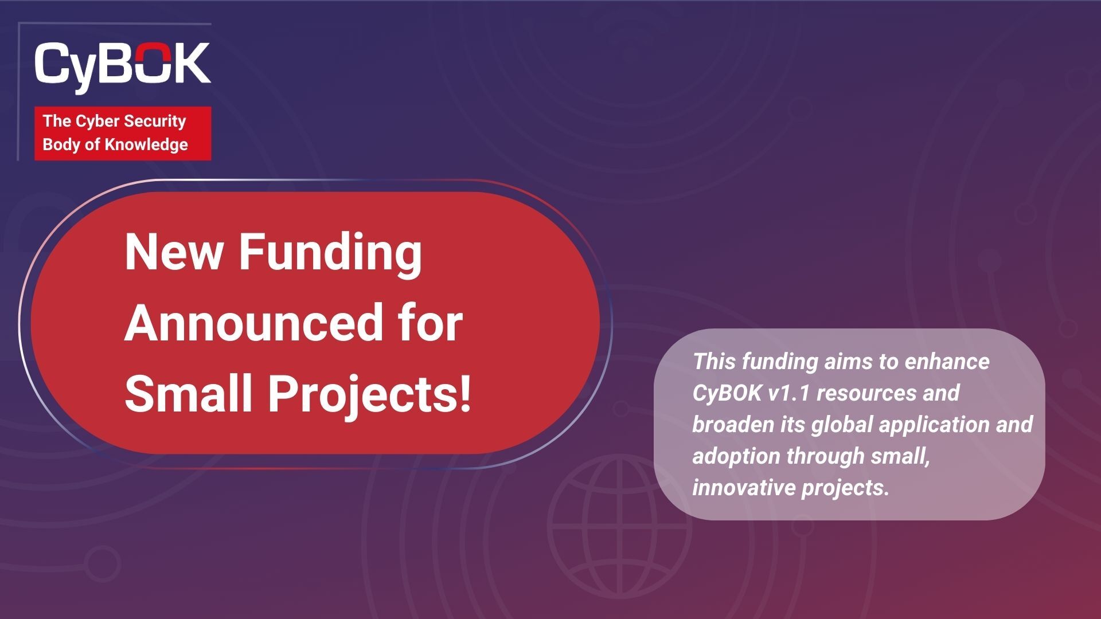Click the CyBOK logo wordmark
pyautogui.click(x=122, y=66)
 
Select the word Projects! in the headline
pyautogui.click(x=370, y=397)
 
